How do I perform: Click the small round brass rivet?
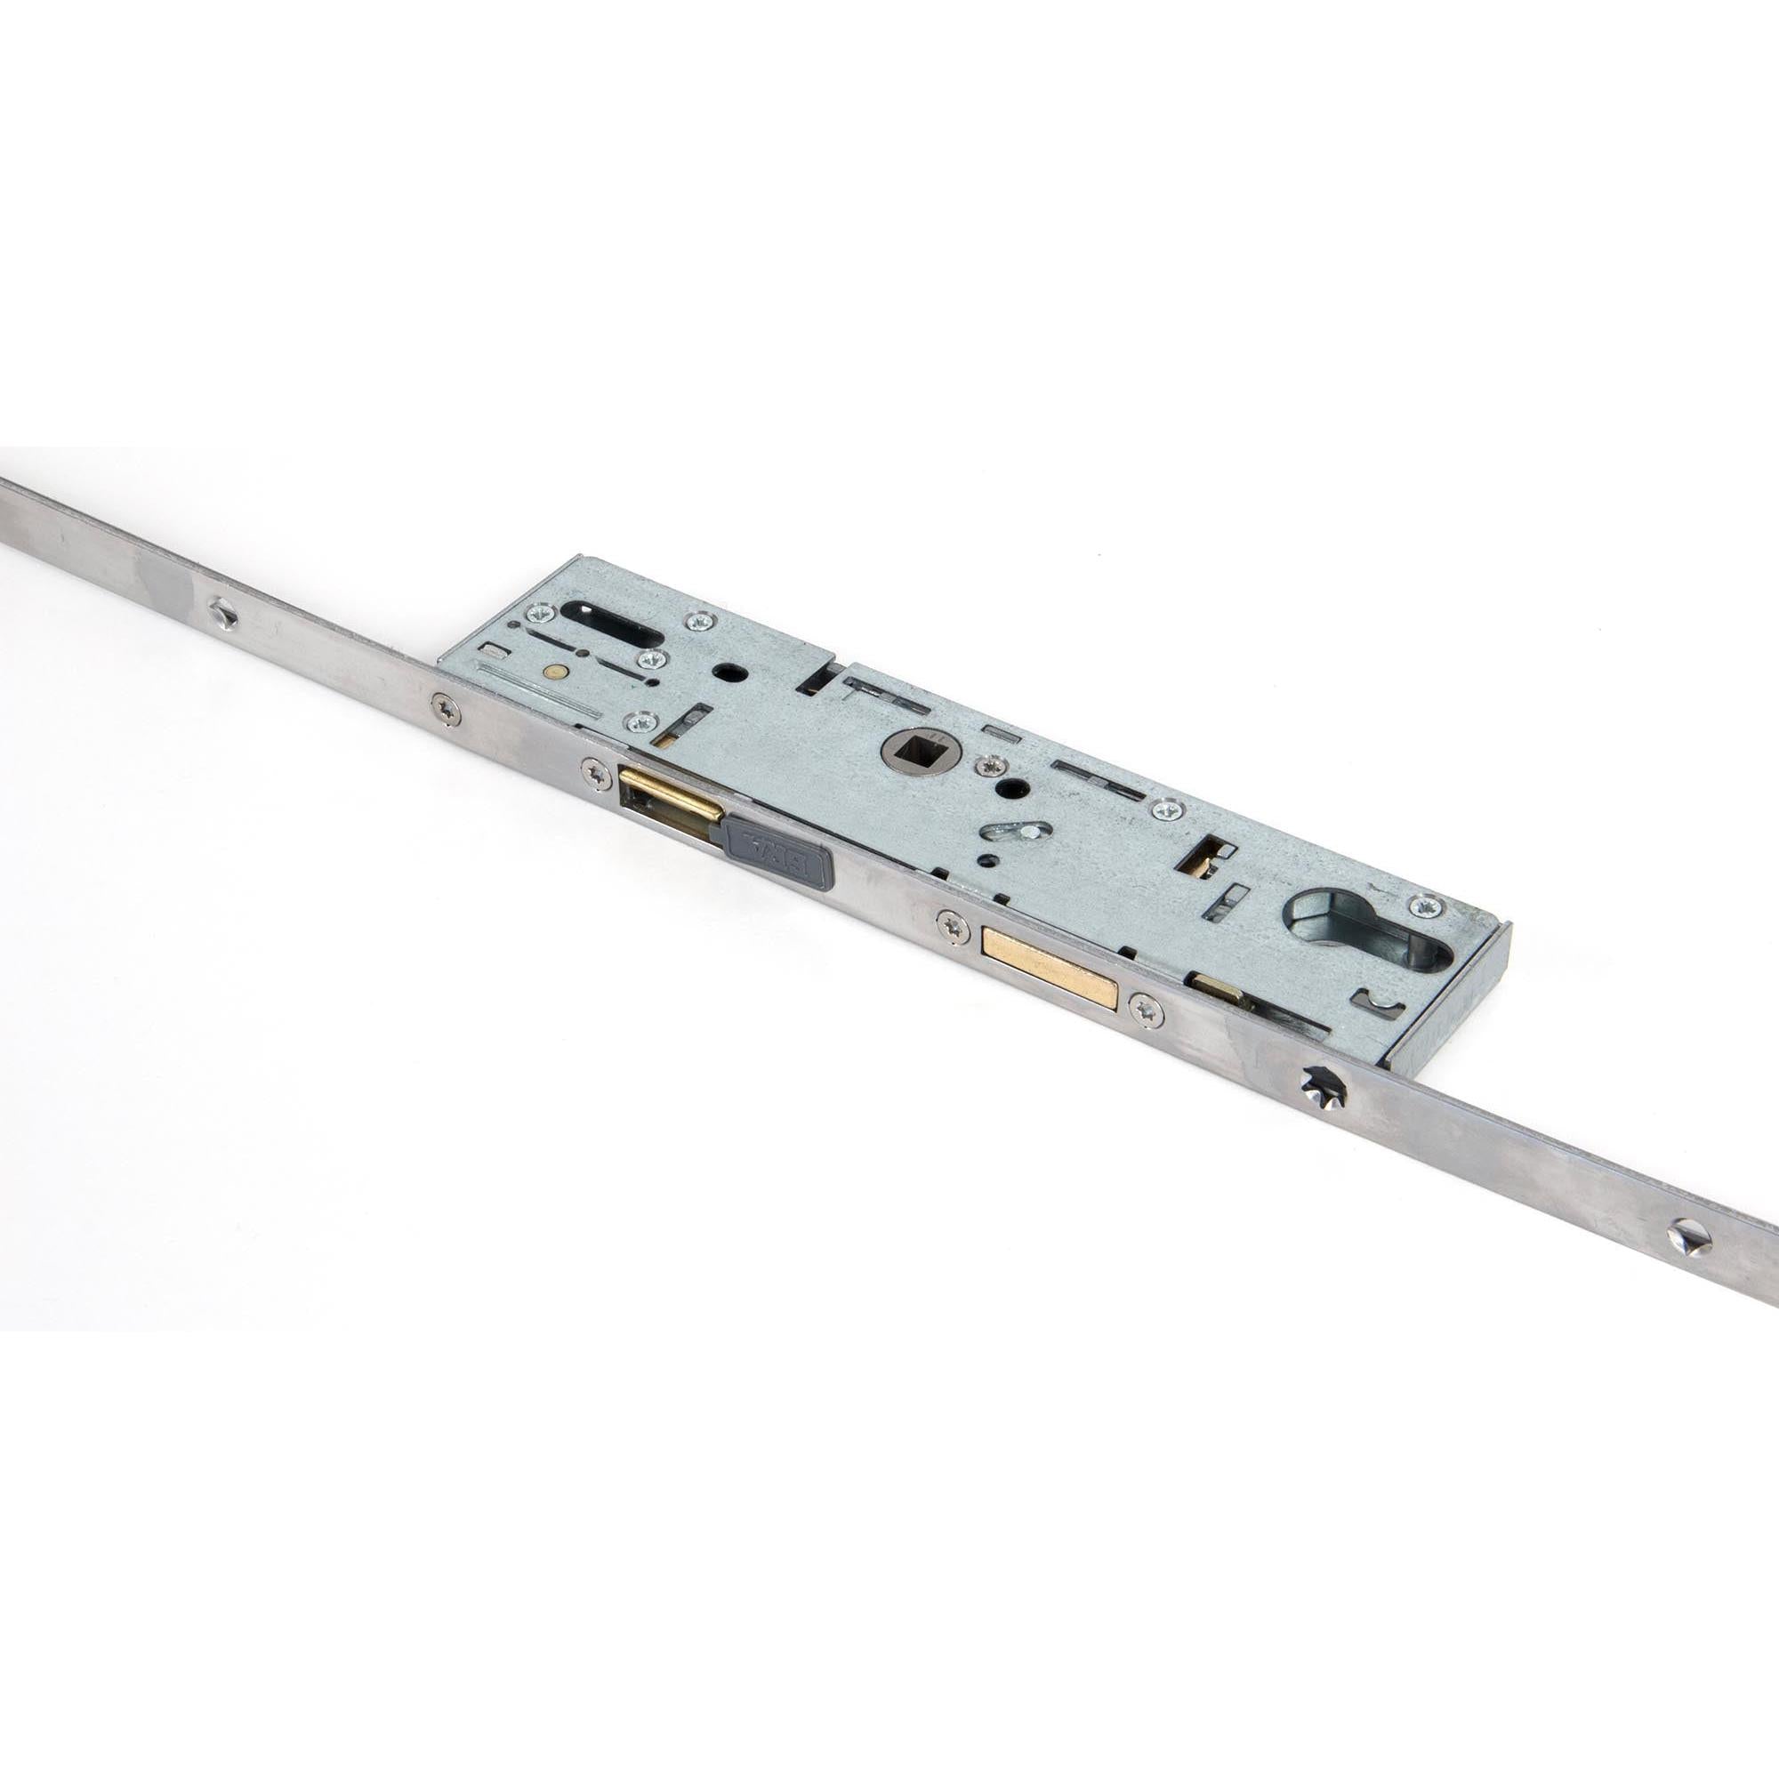[553, 672]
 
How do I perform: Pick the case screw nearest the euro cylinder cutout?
[1428, 906]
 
